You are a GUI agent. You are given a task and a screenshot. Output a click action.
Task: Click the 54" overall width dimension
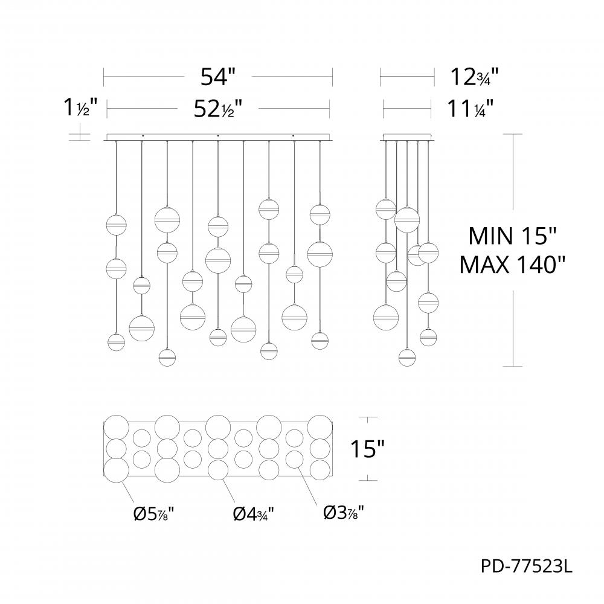tap(218, 77)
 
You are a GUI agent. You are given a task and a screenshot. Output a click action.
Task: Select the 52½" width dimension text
tap(218, 109)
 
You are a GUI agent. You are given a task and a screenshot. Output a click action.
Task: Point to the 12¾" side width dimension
tap(474, 77)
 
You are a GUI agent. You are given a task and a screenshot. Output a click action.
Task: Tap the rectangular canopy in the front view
tap(219, 137)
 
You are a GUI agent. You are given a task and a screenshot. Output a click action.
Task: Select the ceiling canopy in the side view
tap(408, 137)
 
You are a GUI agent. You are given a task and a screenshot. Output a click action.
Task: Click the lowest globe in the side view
tap(408, 357)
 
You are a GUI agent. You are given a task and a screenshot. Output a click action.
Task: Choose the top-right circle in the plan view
tap(320, 426)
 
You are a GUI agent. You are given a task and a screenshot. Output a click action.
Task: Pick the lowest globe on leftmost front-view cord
tap(116, 342)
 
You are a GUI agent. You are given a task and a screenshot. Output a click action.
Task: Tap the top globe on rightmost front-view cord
tap(320, 213)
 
